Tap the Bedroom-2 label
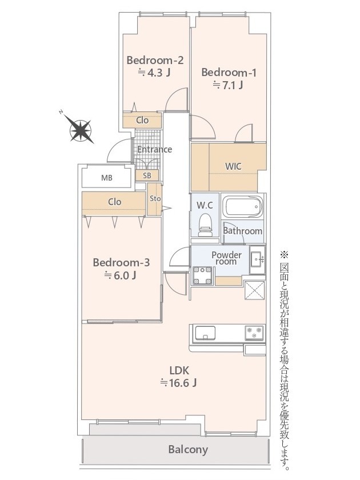tap(155, 61)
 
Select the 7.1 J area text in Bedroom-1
tap(229, 85)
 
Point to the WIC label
tap(233, 166)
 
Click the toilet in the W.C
tap(205, 225)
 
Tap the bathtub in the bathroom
tap(242, 207)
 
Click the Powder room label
tap(226, 258)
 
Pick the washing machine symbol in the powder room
tap(202, 275)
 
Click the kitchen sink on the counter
tap(205, 333)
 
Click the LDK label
tap(179, 371)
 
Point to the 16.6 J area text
tap(178, 383)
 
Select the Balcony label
tap(188, 449)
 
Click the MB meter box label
tap(106, 178)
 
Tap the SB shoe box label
tap(147, 175)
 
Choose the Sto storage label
tap(155, 198)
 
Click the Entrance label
tap(154, 149)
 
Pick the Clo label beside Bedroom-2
tap(142, 121)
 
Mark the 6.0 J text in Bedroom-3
tap(121, 275)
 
